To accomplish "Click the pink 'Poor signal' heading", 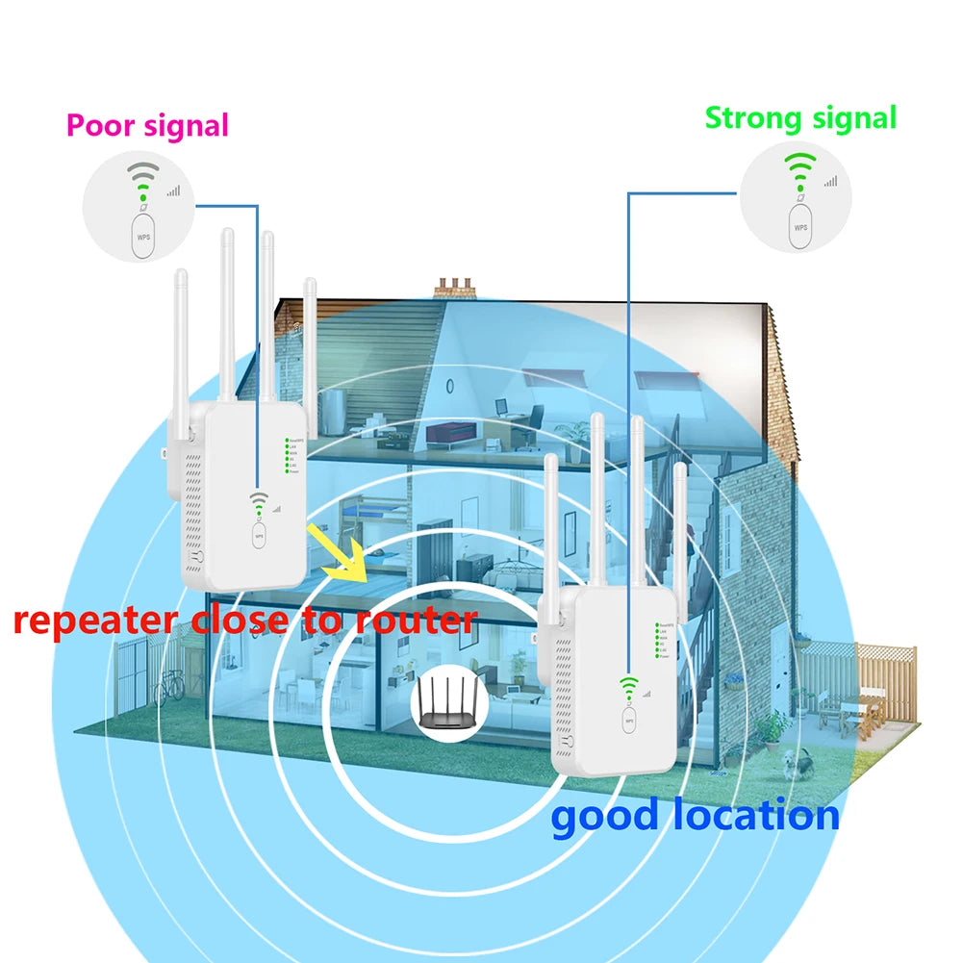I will (x=147, y=125).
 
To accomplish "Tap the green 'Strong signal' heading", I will (x=800, y=118).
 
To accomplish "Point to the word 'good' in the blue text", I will (x=605, y=816).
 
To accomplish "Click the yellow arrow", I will (x=336, y=555).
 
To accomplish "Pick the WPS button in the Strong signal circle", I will (x=800, y=226).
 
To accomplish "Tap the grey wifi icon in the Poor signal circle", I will (x=143, y=180).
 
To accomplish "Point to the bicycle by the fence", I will (x=169, y=684).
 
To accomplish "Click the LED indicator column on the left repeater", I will (x=286, y=458).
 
